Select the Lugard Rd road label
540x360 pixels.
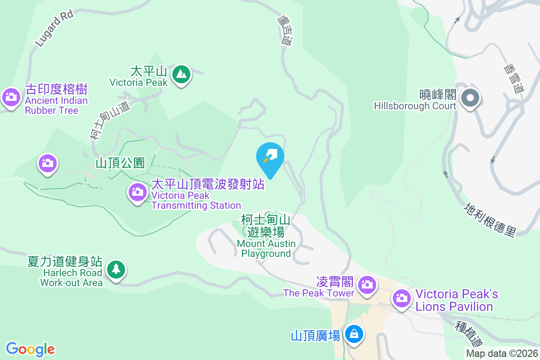(x=54, y=28)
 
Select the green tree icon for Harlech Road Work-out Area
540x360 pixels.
(x=116, y=270)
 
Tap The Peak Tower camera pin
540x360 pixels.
(x=367, y=284)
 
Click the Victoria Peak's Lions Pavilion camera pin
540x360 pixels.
(x=401, y=298)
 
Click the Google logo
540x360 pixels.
(x=30, y=349)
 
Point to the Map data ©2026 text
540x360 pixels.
(x=501, y=354)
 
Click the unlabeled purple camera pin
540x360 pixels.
(x=48, y=163)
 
